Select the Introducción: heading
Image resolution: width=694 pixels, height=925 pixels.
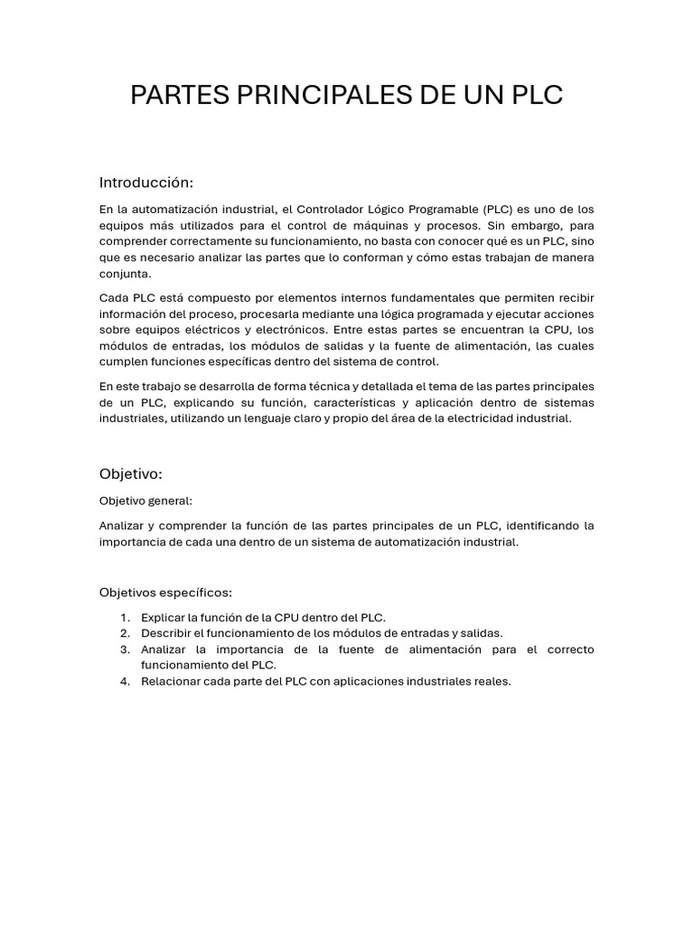(146, 182)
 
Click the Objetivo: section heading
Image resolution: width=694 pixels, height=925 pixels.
(130, 473)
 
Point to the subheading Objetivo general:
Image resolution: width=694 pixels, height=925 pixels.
(145, 500)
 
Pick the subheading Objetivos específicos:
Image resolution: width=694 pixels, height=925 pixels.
(165, 593)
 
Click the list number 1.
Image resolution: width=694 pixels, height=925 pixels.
(125, 617)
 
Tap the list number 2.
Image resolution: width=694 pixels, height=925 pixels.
(125, 633)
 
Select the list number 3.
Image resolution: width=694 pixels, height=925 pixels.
(125, 649)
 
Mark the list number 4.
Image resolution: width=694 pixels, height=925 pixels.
(125, 681)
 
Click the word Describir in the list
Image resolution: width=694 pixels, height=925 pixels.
(166, 633)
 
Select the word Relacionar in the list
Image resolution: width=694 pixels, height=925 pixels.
(172, 681)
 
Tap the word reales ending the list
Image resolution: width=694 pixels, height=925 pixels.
(492, 681)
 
